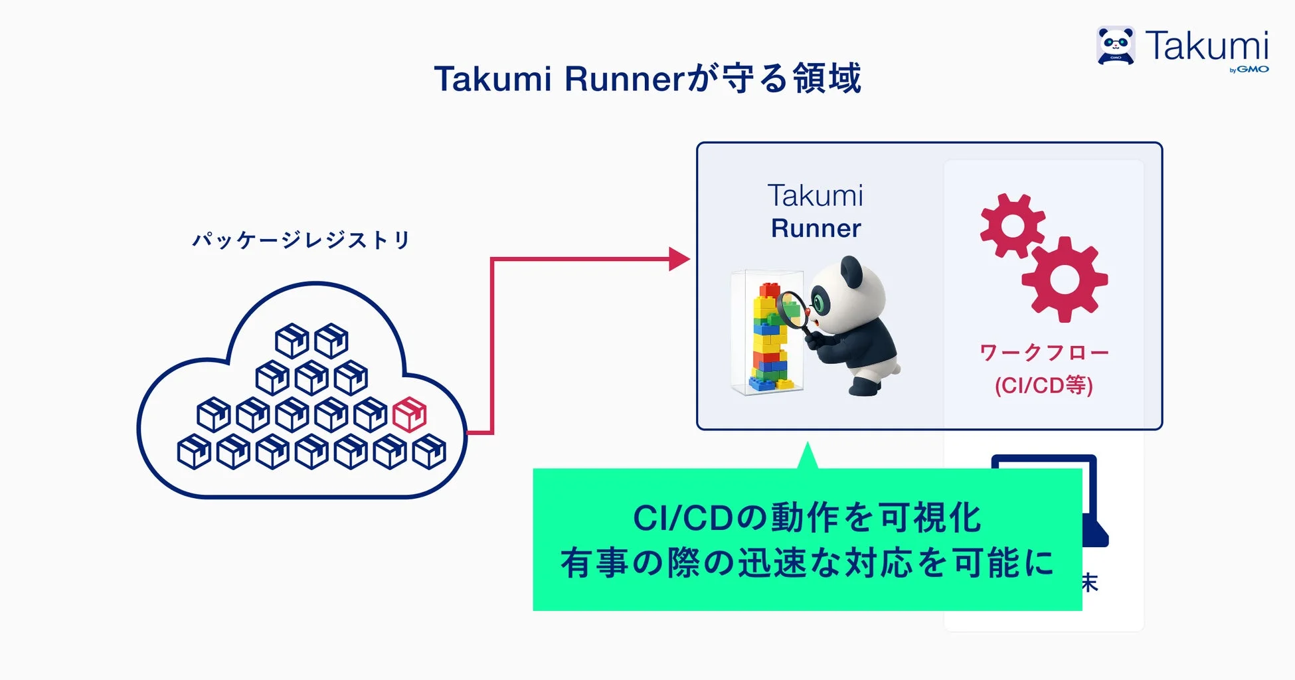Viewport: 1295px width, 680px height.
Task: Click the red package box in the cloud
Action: pos(409,415)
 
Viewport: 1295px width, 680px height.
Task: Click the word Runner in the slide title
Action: pos(623,79)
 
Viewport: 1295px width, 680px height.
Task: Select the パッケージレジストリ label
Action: pos(302,240)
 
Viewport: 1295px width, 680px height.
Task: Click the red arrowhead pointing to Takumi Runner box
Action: pos(678,259)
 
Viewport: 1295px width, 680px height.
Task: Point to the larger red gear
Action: pos(1064,280)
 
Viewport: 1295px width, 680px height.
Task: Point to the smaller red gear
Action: pos(1012,226)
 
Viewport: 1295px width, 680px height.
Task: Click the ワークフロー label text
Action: pos(1043,352)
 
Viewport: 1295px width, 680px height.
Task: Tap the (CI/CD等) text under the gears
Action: pos(1043,385)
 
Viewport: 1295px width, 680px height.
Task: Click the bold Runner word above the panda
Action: pos(816,228)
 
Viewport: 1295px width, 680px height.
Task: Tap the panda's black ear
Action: pos(851,270)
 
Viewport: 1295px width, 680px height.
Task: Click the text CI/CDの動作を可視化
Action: pos(807,518)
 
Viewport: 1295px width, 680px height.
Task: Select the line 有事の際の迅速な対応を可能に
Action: pos(807,563)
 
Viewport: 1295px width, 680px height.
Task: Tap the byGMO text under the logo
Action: pos(1249,69)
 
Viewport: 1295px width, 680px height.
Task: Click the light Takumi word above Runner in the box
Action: pos(816,196)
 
